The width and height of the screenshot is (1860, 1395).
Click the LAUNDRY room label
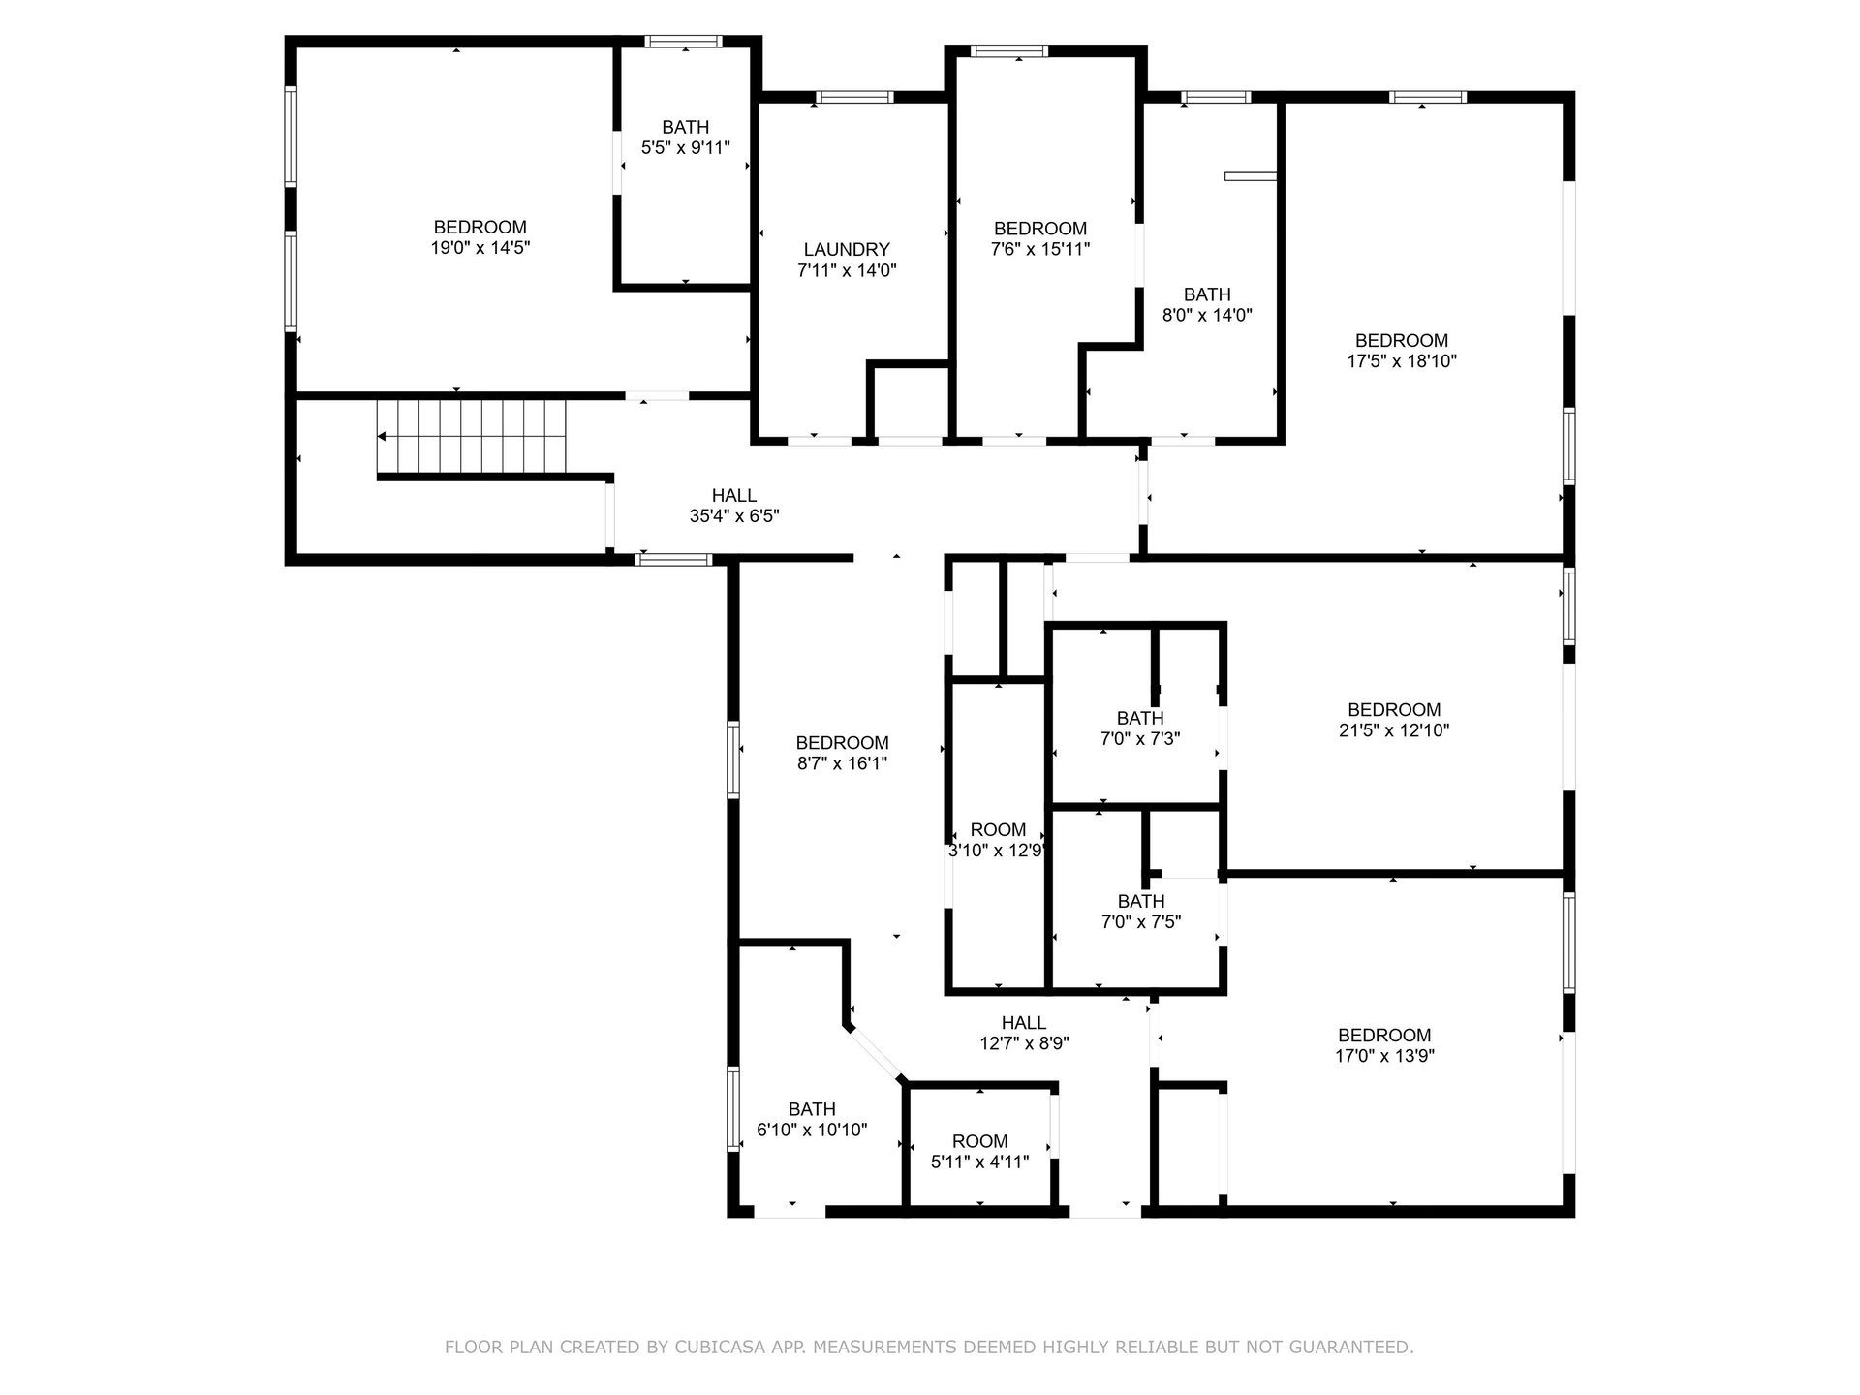click(x=846, y=250)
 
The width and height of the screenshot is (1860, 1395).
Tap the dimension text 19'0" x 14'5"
click(x=480, y=248)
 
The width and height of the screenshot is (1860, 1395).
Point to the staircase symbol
click(x=471, y=437)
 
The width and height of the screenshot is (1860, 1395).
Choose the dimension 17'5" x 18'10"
click(x=1402, y=361)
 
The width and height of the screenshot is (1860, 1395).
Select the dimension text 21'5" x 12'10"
click(x=1394, y=730)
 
